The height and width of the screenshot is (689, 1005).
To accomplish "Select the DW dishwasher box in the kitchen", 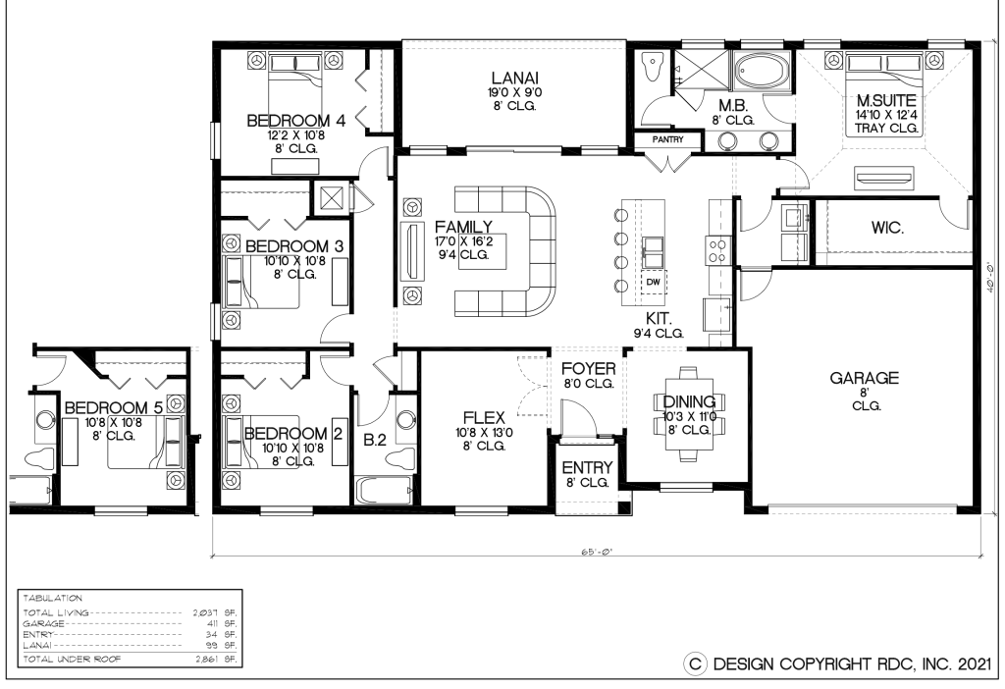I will click(x=653, y=283).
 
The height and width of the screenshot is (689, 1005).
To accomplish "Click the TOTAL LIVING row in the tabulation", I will click(x=129, y=611).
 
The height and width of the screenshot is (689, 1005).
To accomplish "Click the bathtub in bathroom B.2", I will click(x=381, y=490).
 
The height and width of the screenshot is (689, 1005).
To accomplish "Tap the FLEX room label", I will click(x=483, y=417).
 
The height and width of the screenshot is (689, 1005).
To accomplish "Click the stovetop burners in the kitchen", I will click(x=716, y=249).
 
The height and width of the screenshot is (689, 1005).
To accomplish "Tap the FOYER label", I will click(x=588, y=369).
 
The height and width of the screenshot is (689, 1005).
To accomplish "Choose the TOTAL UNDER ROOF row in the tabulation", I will click(x=129, y=659).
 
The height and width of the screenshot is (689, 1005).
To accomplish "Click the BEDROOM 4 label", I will click(x=295, y=121).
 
